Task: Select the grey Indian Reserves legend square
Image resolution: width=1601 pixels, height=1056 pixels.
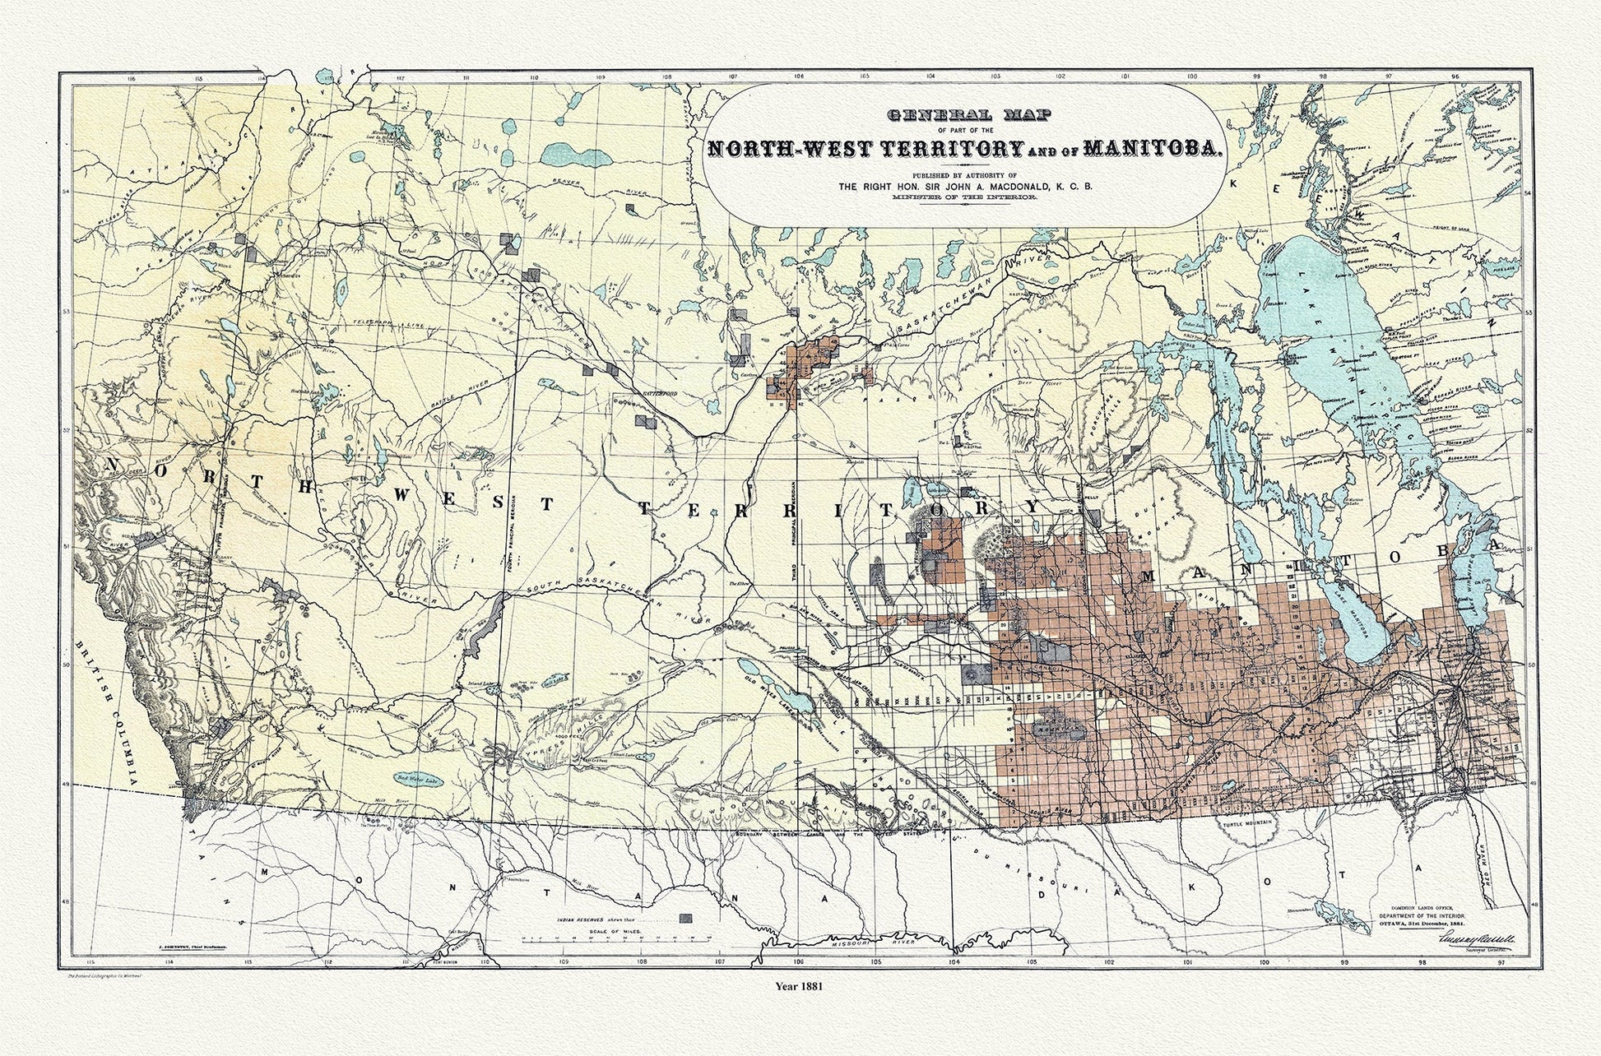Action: coord(686,918)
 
